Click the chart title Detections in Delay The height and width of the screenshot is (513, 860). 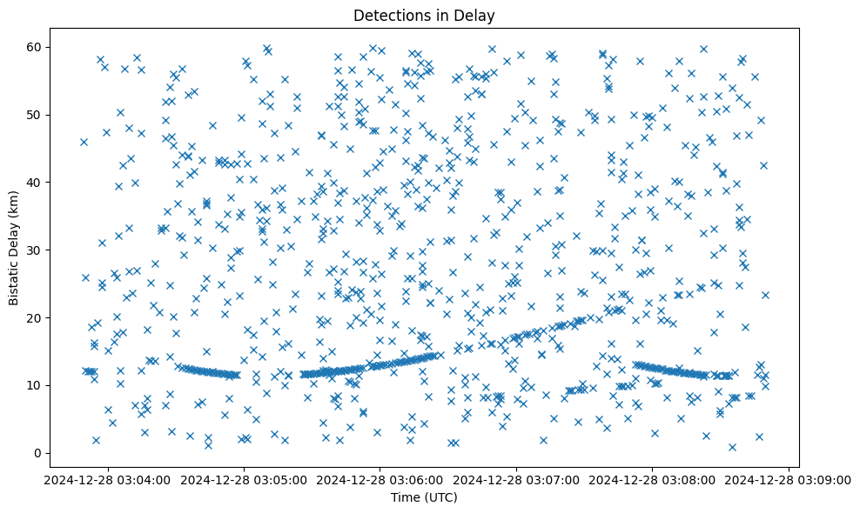[424, 15]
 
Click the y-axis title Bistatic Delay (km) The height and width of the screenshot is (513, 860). [14, 248]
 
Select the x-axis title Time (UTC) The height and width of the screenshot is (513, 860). [424, 498]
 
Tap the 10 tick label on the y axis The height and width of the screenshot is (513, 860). [38, 385]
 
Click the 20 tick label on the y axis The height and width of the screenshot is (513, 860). [38, 317]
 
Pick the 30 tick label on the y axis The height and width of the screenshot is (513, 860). [38, 250]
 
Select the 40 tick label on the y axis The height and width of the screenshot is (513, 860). [38, 182]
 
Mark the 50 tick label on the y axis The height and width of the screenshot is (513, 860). [38, 114]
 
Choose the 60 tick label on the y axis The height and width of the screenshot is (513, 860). [38, 46]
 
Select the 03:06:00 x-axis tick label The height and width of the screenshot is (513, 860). [380, 479]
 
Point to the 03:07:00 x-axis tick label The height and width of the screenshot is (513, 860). [516, 479]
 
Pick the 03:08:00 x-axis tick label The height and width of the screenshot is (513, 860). [653, 479]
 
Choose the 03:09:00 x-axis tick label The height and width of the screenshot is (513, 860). [789, 479]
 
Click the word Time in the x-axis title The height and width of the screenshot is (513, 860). [406, 498]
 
